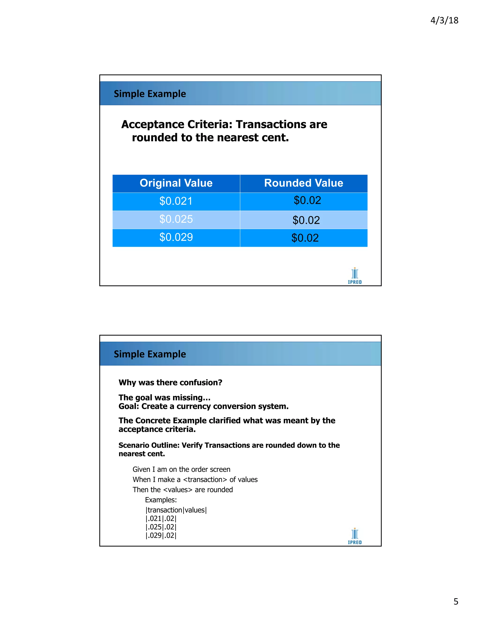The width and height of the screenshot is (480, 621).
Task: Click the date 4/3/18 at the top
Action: coord(444,20)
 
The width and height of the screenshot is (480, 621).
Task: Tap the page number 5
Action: coord(456,601)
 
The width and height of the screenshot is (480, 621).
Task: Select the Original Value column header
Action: coord(176,183)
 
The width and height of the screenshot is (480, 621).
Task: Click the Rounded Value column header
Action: coord(304,183)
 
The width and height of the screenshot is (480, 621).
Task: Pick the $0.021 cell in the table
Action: coord(176,201)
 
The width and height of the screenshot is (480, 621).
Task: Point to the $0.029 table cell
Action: coord(176,237)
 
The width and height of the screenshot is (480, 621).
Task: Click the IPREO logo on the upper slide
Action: coord(355,276)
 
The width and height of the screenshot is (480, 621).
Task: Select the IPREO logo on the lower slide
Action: coord(355,536)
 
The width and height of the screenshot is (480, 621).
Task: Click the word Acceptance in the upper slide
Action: coord(152,124)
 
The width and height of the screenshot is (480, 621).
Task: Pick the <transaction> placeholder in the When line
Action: coord(205,480)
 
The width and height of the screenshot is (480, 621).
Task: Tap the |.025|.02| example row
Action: coord(161,527)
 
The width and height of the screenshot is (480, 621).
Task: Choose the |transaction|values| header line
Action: coord(176,510)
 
